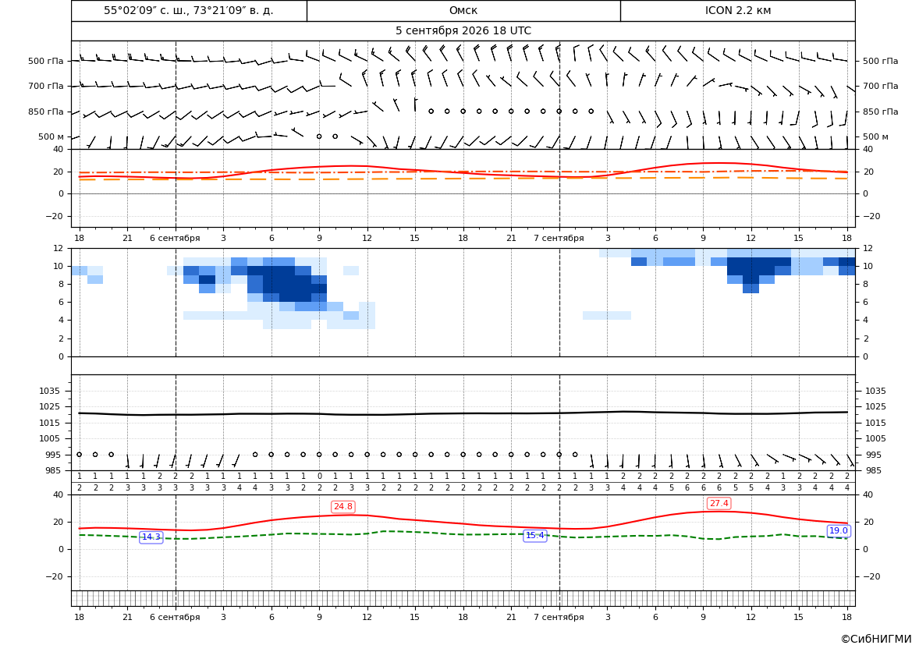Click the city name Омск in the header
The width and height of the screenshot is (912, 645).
coord(463,10)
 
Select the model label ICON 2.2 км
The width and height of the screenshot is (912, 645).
coord(737,10)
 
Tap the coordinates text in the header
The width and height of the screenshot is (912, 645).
coord(189,10)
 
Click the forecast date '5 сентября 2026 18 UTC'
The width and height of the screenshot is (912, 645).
coord(463,31)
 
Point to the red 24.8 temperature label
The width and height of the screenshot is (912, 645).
coord(342,507)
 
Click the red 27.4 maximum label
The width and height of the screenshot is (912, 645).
coord(719,503)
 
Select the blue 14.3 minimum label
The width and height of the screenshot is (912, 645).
coord(151,537)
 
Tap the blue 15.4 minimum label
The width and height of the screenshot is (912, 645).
coord(535,535)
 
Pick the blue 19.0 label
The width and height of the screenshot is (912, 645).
coord(838,530)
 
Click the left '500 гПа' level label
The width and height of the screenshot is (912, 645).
coord(45,61)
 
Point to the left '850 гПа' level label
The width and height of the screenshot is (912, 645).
coord(45,112)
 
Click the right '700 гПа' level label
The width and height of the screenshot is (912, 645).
coord(881,86)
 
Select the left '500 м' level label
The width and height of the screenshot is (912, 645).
coord(51,136)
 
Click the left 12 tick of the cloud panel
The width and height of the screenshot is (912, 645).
coord(59,248)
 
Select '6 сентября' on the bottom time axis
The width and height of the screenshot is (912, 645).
coord(175,617)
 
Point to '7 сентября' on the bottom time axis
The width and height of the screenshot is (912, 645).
coord(559,617)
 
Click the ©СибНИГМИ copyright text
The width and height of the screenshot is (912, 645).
coord(876,639)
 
